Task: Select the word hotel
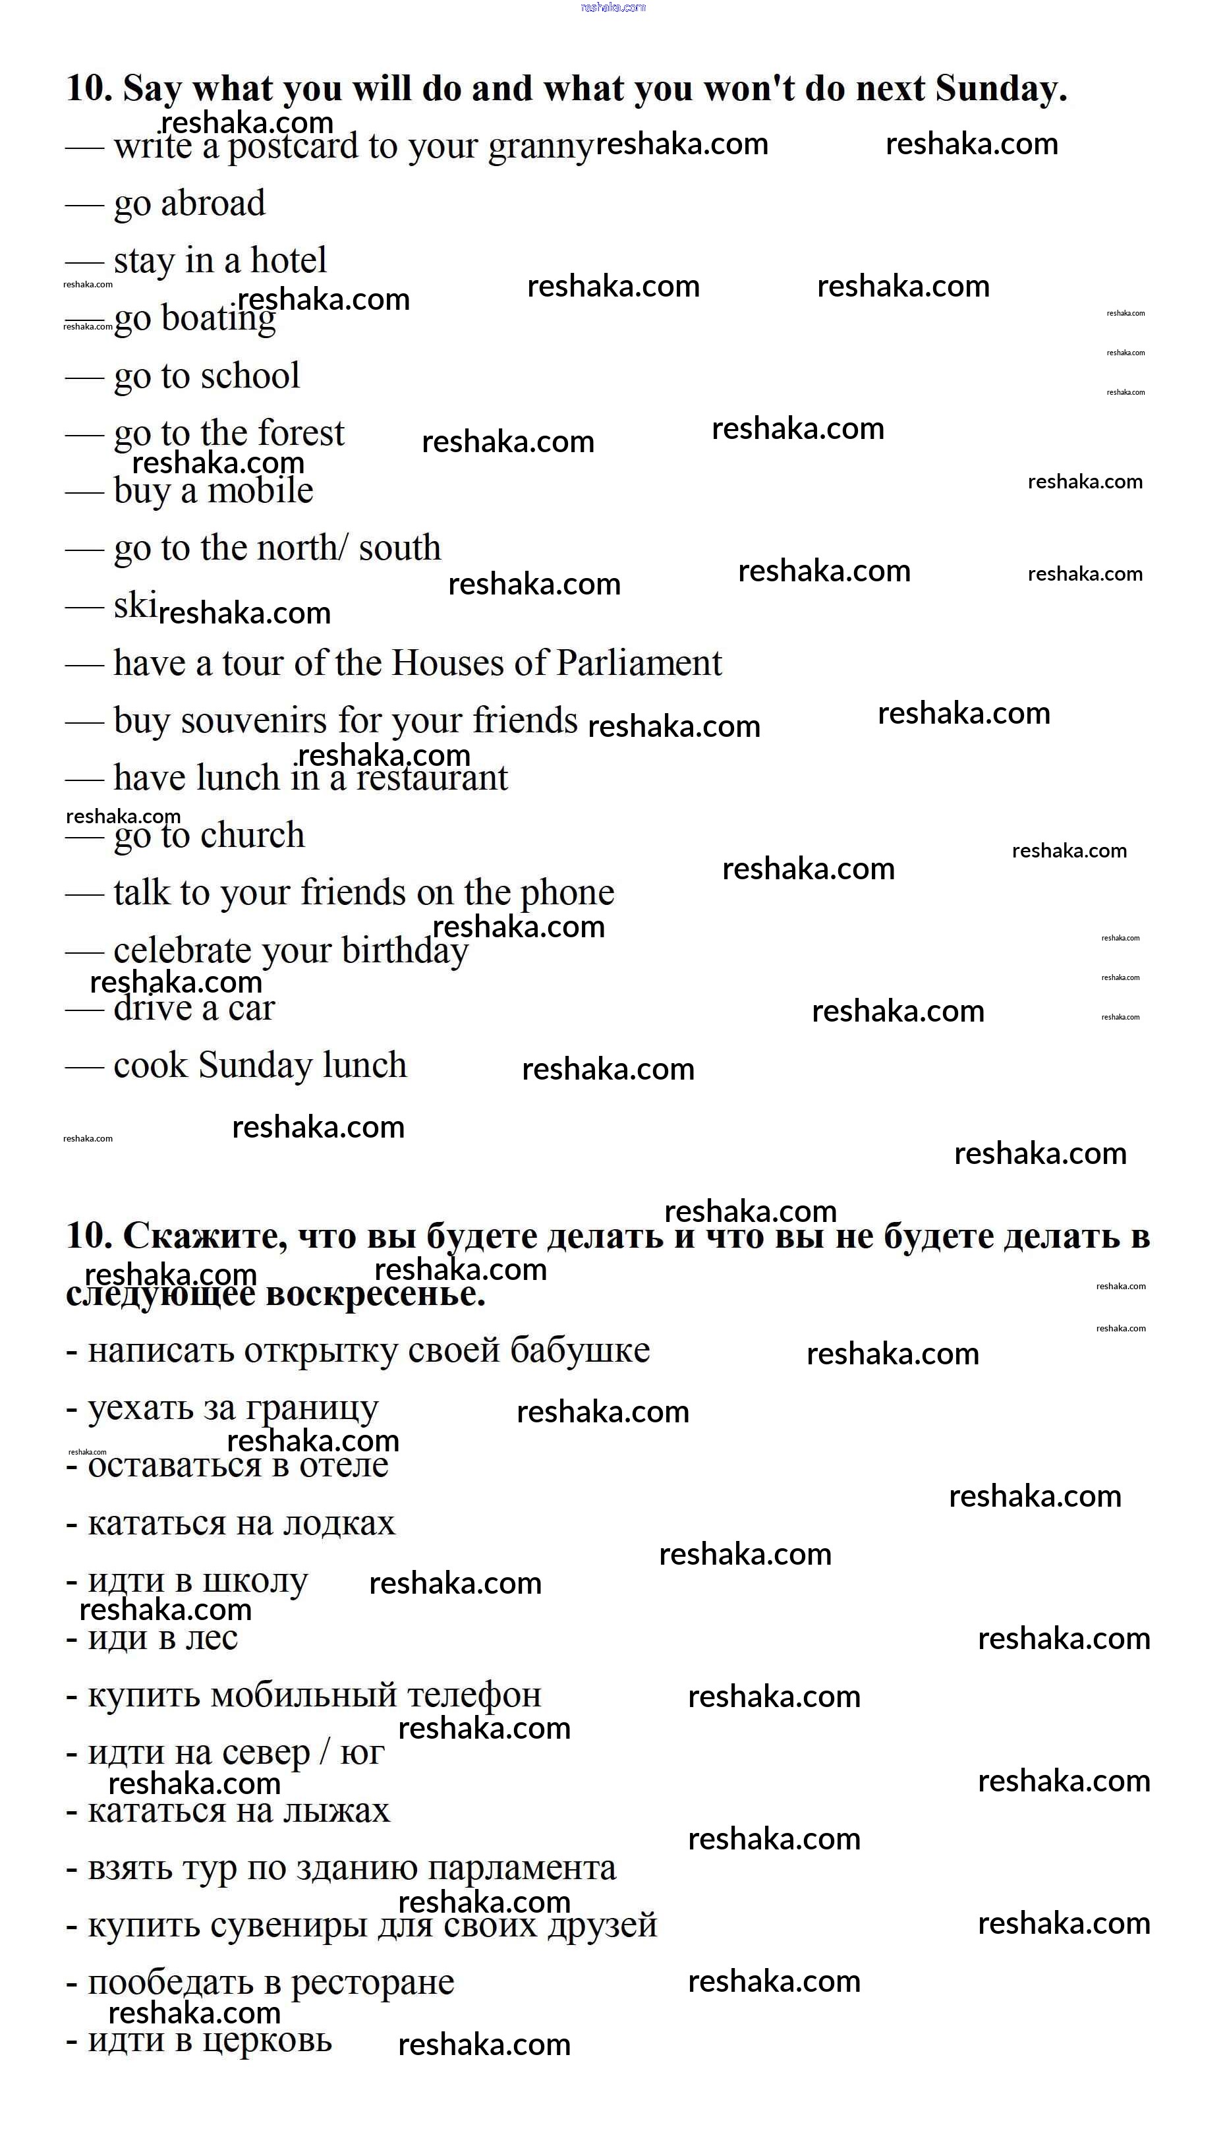coord(289,261)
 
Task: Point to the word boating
coord(218,320)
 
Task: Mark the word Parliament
coord(639,663)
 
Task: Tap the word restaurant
coord(432,778)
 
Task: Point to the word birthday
coord(405,950)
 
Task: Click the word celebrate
coord(183,950)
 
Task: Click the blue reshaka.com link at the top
coord(613,7)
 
